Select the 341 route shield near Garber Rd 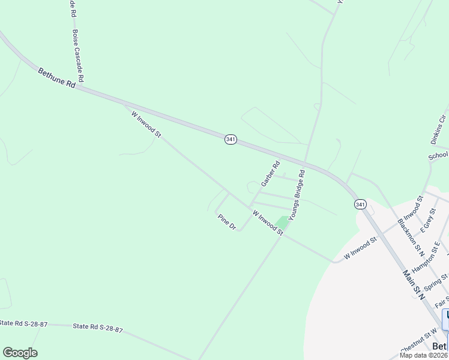click(231, 139)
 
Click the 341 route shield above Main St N click(360, 204)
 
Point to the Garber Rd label click(270, 173)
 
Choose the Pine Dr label click(227, 221)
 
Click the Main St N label click(414, 284)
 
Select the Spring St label click(436, 281)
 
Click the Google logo click(20, 353)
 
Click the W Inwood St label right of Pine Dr click(268, 222)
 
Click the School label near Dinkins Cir click(438, 156)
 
